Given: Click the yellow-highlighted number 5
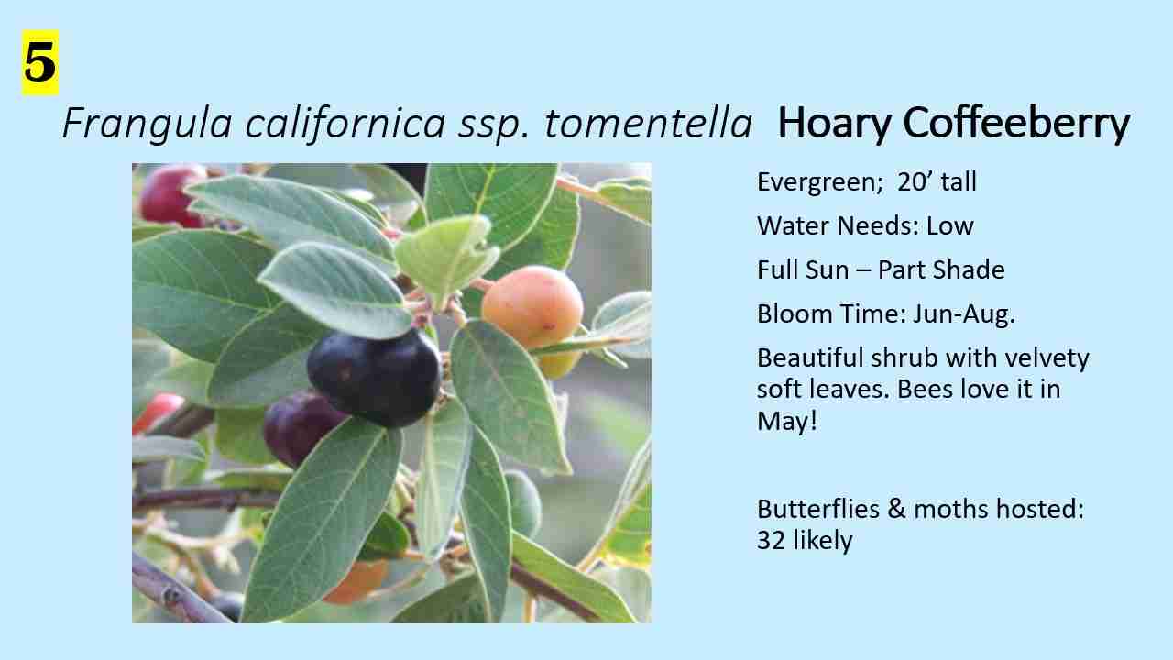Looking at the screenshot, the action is click(39, 63).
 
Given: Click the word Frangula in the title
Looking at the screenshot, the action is click(147, 124).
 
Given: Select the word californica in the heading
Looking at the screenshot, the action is click(345, 123).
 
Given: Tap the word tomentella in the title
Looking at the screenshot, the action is click(648, 124).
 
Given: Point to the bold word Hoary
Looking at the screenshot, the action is click(834, 124).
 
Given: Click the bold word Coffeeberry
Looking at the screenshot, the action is click(1016, 124).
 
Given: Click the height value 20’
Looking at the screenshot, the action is click(915, 181).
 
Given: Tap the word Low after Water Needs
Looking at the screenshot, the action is click(950, 226).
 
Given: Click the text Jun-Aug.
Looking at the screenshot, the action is click(963, 314).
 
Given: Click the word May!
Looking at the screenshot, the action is click(787, 422).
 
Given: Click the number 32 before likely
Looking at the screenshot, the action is click(771, 541).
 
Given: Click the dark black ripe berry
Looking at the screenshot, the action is click(375, 377).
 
